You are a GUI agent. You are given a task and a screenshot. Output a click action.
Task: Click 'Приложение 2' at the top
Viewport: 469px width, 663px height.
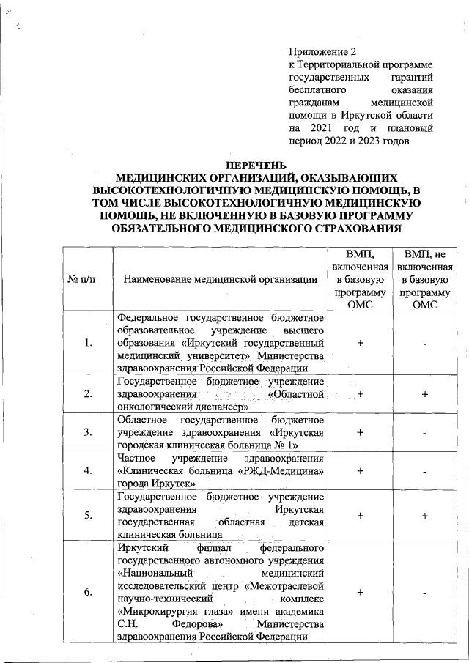click(x=322, y=52)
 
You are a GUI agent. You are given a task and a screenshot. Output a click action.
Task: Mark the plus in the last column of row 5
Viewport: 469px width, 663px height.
click(x=425, y=516)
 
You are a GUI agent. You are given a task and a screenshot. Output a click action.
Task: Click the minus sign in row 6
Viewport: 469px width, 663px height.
click(x=425, y=593)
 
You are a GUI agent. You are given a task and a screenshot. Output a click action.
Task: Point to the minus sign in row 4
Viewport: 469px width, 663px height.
click(x=425, y=470)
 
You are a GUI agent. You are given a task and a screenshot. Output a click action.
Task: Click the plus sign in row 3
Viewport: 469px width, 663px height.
click(x=361, y=432)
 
